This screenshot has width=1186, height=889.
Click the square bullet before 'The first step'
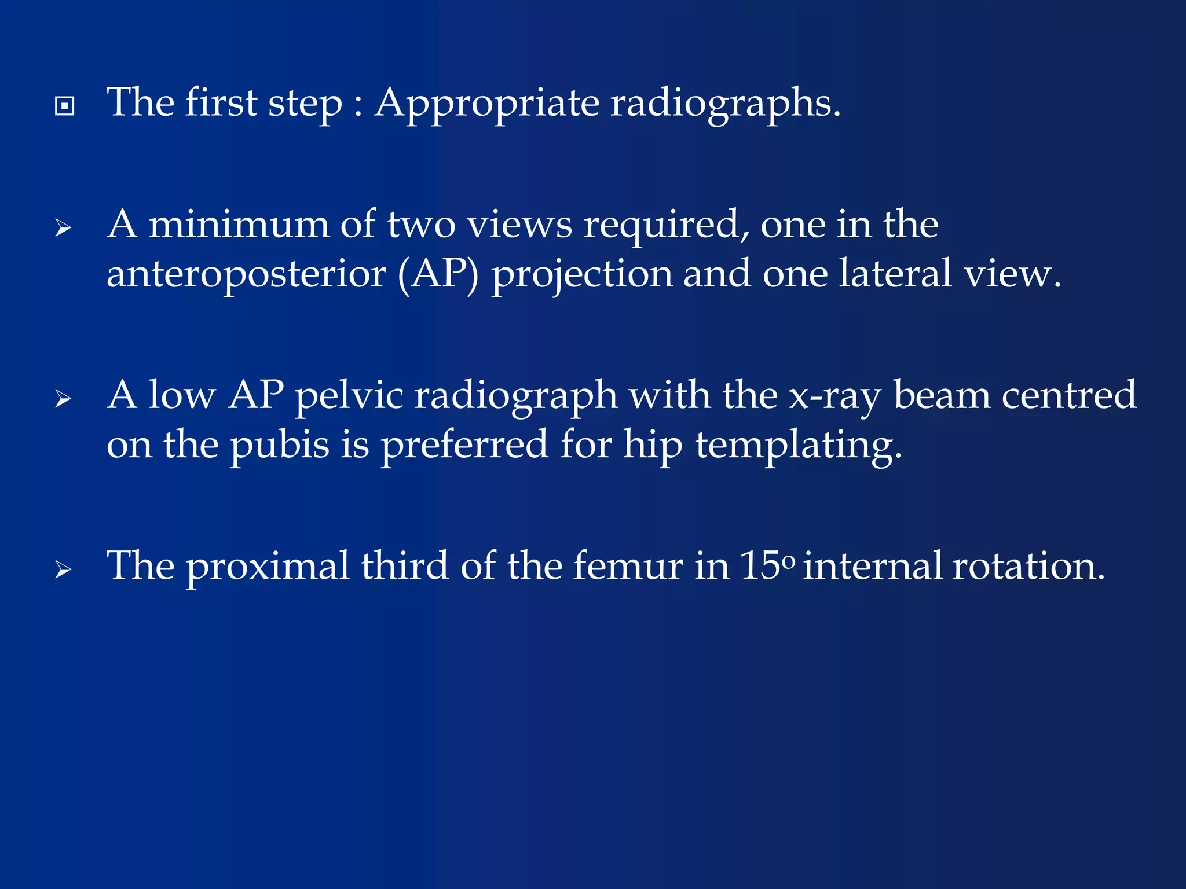[x=64, y=106]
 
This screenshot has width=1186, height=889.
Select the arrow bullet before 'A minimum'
[x=63, y=229]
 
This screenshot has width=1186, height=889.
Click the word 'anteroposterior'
[x=246, y=274]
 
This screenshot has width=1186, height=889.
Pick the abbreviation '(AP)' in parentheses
[x=438, y=274]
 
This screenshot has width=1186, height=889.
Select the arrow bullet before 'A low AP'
[x=63, y=399]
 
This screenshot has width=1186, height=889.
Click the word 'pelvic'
[x=349, y=396]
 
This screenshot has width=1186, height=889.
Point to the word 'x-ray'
[x=834, y=397]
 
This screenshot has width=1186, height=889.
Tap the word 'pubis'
[x=280, y=446]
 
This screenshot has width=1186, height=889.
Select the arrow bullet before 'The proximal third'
[x=63, y=570]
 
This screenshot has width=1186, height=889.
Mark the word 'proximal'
[x=268, y=567]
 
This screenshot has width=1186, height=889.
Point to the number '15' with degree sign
[x=767, y=565]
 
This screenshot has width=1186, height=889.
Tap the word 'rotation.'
[x=1028, y=565]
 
